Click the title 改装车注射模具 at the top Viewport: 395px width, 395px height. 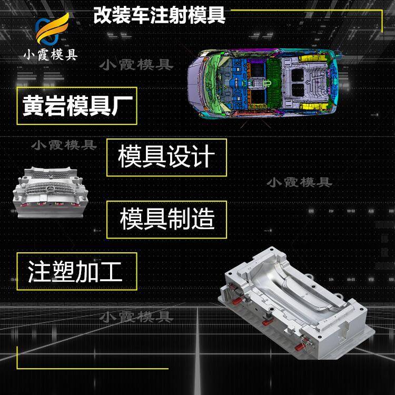pos(159,15)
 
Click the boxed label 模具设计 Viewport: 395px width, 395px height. pos(166,157)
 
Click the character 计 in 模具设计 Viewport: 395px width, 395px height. pos(204,157)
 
